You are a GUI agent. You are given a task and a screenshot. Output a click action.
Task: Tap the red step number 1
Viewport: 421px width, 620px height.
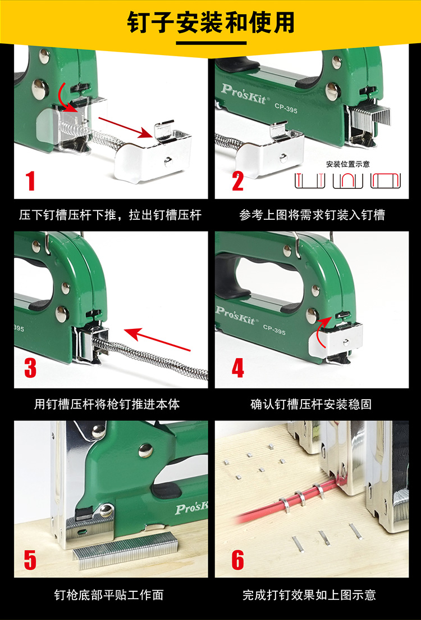coord(30,180)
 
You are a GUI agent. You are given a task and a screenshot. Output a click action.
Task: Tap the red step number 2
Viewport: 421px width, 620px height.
coord(238,180)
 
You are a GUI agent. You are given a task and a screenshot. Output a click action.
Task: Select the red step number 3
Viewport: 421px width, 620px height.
coord(30,368)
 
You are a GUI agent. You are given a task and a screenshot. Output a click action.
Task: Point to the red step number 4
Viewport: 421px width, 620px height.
coord(238,368)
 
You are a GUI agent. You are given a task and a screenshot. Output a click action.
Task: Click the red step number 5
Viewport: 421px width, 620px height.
coord(30,559)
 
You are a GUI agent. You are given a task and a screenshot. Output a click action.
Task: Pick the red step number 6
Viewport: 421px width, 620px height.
coord(238,559)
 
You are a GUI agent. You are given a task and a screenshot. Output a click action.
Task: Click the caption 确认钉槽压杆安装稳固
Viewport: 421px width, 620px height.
coord(311,404)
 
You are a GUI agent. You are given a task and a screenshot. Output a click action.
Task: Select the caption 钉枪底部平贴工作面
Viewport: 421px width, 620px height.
coord(108,595)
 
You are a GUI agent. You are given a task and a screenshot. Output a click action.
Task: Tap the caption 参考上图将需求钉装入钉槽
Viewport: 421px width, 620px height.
coord(312,215)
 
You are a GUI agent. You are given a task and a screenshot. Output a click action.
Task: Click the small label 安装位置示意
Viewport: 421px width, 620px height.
coord(347,164)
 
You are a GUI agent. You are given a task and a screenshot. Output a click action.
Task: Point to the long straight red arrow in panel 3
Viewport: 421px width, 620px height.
coord(157,340)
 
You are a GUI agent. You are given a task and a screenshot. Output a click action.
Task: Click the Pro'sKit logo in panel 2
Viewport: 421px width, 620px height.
coord(245,94)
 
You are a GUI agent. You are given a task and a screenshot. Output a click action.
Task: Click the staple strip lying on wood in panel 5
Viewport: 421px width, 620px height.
coord(126,550)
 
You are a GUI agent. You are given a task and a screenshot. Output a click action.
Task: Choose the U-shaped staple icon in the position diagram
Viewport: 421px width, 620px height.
coord(347,180)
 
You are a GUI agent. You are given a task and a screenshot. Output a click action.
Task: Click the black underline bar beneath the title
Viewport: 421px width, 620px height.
coord(211,43)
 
